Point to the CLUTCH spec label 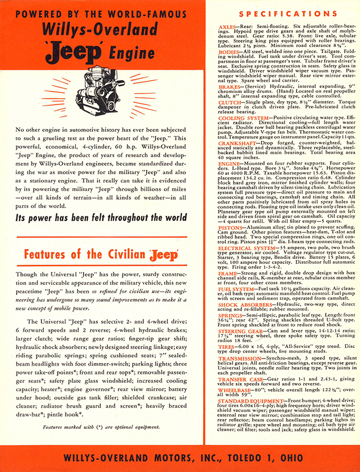point(230,111)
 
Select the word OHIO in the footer point(289,458)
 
